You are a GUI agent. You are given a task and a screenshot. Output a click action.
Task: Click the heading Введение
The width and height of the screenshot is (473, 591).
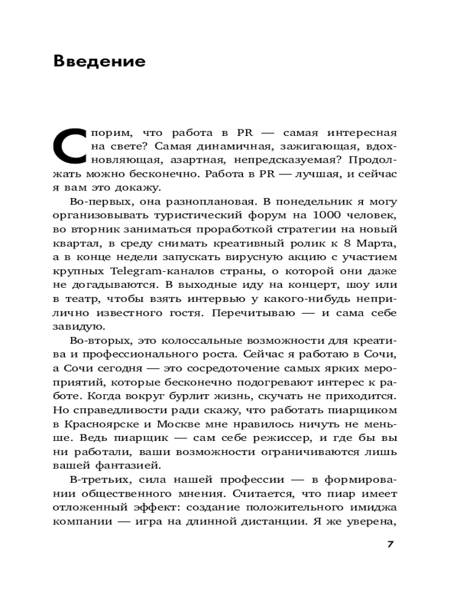pyautogui.click(x=99, y=61)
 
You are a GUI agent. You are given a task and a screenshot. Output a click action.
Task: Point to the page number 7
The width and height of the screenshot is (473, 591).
pyautogui.click(x=390, y=544)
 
